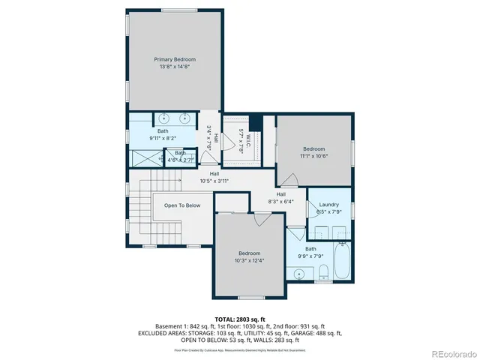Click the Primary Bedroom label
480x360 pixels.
point(175,59)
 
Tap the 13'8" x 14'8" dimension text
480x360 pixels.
point(175,67)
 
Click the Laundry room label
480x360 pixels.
point(328,205)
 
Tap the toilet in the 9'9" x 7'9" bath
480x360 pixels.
point(322,272)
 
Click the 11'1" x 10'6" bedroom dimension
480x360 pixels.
point(313,156)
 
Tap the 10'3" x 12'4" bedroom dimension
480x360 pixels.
point(249,261)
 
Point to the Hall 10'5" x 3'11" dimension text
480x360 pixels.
point(214,181)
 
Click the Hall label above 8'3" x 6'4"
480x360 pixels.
point(280,194)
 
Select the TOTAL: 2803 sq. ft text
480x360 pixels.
point(240,319)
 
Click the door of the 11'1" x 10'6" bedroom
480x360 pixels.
point(289,179)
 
